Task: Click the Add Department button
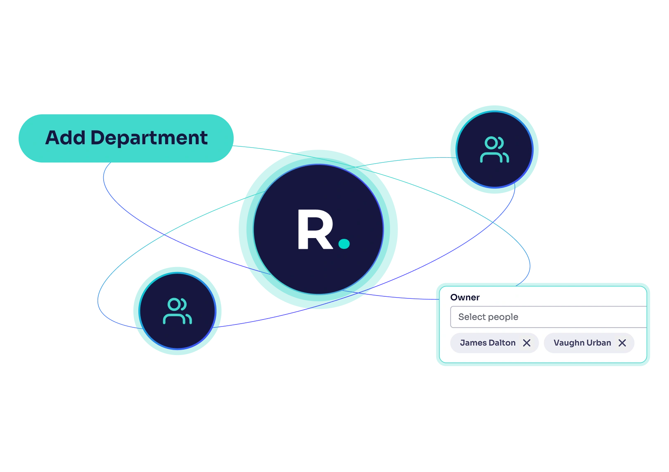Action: [126, 138]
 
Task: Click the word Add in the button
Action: [65, 138]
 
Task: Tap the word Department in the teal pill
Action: [149, 138]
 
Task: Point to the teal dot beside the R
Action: [344, 243]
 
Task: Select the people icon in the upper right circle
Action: [494, 150]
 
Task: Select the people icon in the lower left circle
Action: [178, 311]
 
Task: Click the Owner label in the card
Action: [465, 297]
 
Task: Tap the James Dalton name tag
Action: [488, 343]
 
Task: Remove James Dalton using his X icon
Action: [527, 343]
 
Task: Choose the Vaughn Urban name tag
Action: [582, 343]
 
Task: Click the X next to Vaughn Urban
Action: [622, 343]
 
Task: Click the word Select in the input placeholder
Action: [472, 317]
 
